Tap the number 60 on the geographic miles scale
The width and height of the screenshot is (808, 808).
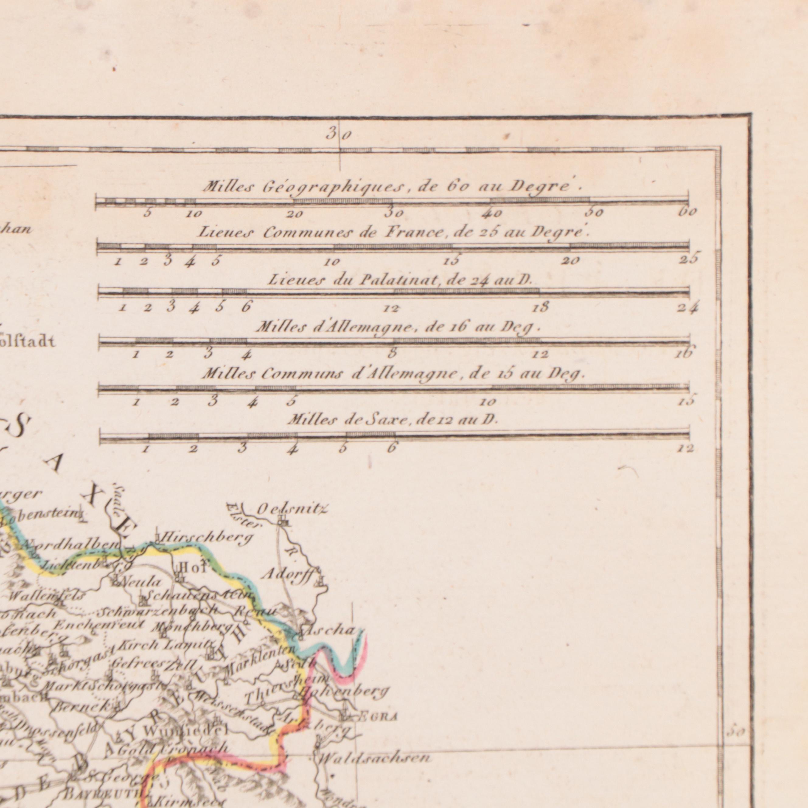coord(688,212)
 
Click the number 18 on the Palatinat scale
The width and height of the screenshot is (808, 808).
coord(541,308)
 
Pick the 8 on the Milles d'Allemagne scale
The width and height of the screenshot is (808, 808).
coord(392,353)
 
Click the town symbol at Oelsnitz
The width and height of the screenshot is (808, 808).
coord(283,521)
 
